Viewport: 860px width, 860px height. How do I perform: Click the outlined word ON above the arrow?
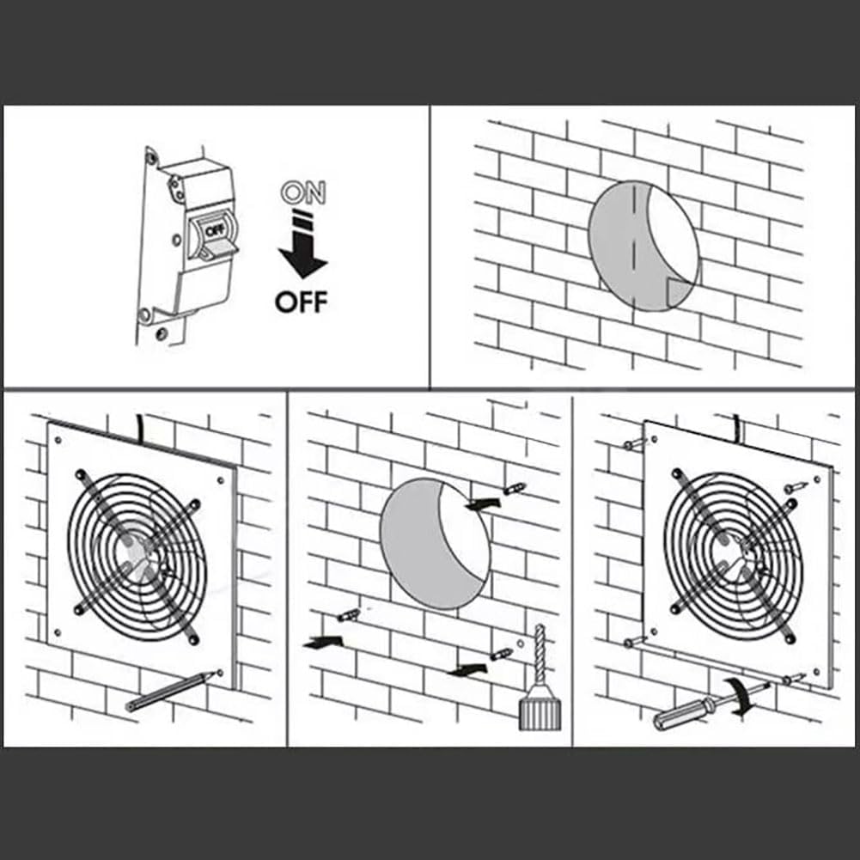click(x=305, y=193)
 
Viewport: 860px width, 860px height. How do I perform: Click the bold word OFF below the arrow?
click(x=301, y=302)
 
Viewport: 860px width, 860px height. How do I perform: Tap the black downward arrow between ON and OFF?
click(x=302, y=249)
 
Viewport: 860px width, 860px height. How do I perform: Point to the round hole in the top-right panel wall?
click(x=644, y=245)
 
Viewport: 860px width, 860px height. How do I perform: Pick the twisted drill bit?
click(x=540, y=654)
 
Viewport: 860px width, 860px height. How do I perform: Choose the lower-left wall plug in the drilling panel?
click(x=349, y=615)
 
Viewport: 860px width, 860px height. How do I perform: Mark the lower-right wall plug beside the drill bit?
click(x=501, y=655)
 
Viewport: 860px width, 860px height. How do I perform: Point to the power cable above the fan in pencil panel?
click(x=140, y=424)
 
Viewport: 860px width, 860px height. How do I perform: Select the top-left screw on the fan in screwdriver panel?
click(x=635, y=444)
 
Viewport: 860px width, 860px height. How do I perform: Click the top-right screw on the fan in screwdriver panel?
click(x=795, y=486)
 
